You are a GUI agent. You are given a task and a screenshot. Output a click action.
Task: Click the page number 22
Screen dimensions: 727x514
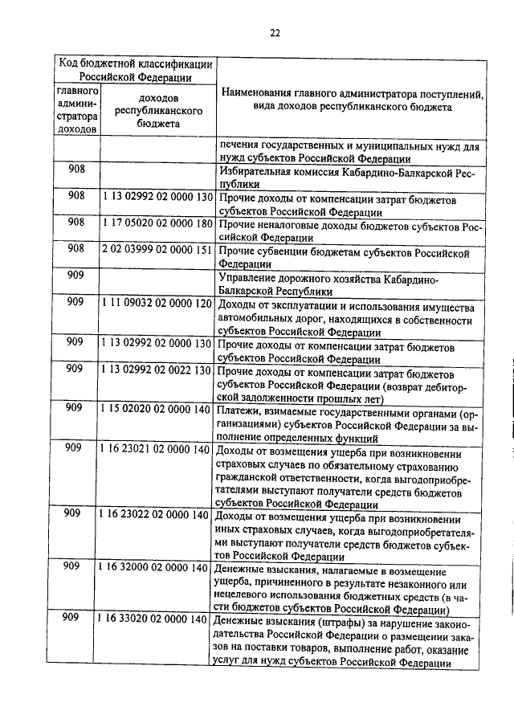(x=274, y=33)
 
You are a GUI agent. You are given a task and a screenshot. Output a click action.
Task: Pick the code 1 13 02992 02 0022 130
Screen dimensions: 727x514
(x=157, y=370)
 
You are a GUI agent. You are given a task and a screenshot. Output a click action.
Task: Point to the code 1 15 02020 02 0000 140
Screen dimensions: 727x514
(x=157, y=408)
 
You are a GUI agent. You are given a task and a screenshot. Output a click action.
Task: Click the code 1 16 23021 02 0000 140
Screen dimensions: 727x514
(x=157, y=448)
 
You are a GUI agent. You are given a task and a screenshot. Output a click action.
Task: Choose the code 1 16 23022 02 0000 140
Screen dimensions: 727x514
(x=157, y=514)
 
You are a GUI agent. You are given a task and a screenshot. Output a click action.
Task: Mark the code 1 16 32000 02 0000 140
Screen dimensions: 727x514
(x=157, y=568)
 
